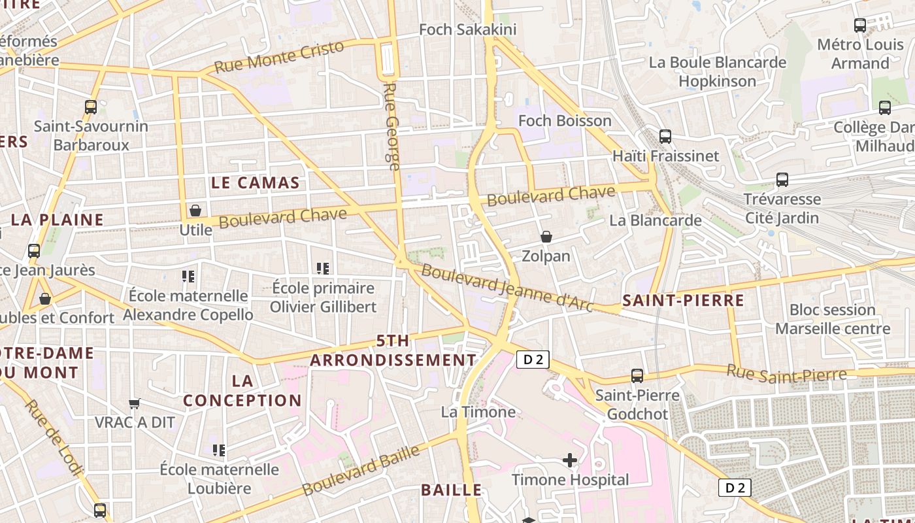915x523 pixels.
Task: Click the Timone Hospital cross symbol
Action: (570, 461)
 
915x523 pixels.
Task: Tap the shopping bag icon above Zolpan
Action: (546, 237)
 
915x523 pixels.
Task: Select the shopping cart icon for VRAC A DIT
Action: (135, 403)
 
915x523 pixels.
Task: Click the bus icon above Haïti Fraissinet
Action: (665, 137)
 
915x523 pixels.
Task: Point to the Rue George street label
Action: (391, 127)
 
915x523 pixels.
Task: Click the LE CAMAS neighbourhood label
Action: (256, 183)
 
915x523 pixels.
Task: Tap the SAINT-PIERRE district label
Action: (683, 301)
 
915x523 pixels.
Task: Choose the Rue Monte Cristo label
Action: (279, 58)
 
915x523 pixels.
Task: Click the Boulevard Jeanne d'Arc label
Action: (507, 287)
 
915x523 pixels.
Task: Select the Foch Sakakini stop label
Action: (467, 29)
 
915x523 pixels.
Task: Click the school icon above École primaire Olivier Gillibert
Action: (323, 269)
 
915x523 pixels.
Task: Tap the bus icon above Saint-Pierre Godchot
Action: (637, 376)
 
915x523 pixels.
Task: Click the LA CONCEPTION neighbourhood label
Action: (242, 390)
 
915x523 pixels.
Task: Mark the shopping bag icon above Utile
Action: (195, 211)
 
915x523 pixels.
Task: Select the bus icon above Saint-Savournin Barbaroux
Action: (91, 107)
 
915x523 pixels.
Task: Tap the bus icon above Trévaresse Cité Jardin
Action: (782, 180)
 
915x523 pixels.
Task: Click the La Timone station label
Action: (478, 412)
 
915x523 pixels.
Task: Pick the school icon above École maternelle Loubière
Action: (219, 450)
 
